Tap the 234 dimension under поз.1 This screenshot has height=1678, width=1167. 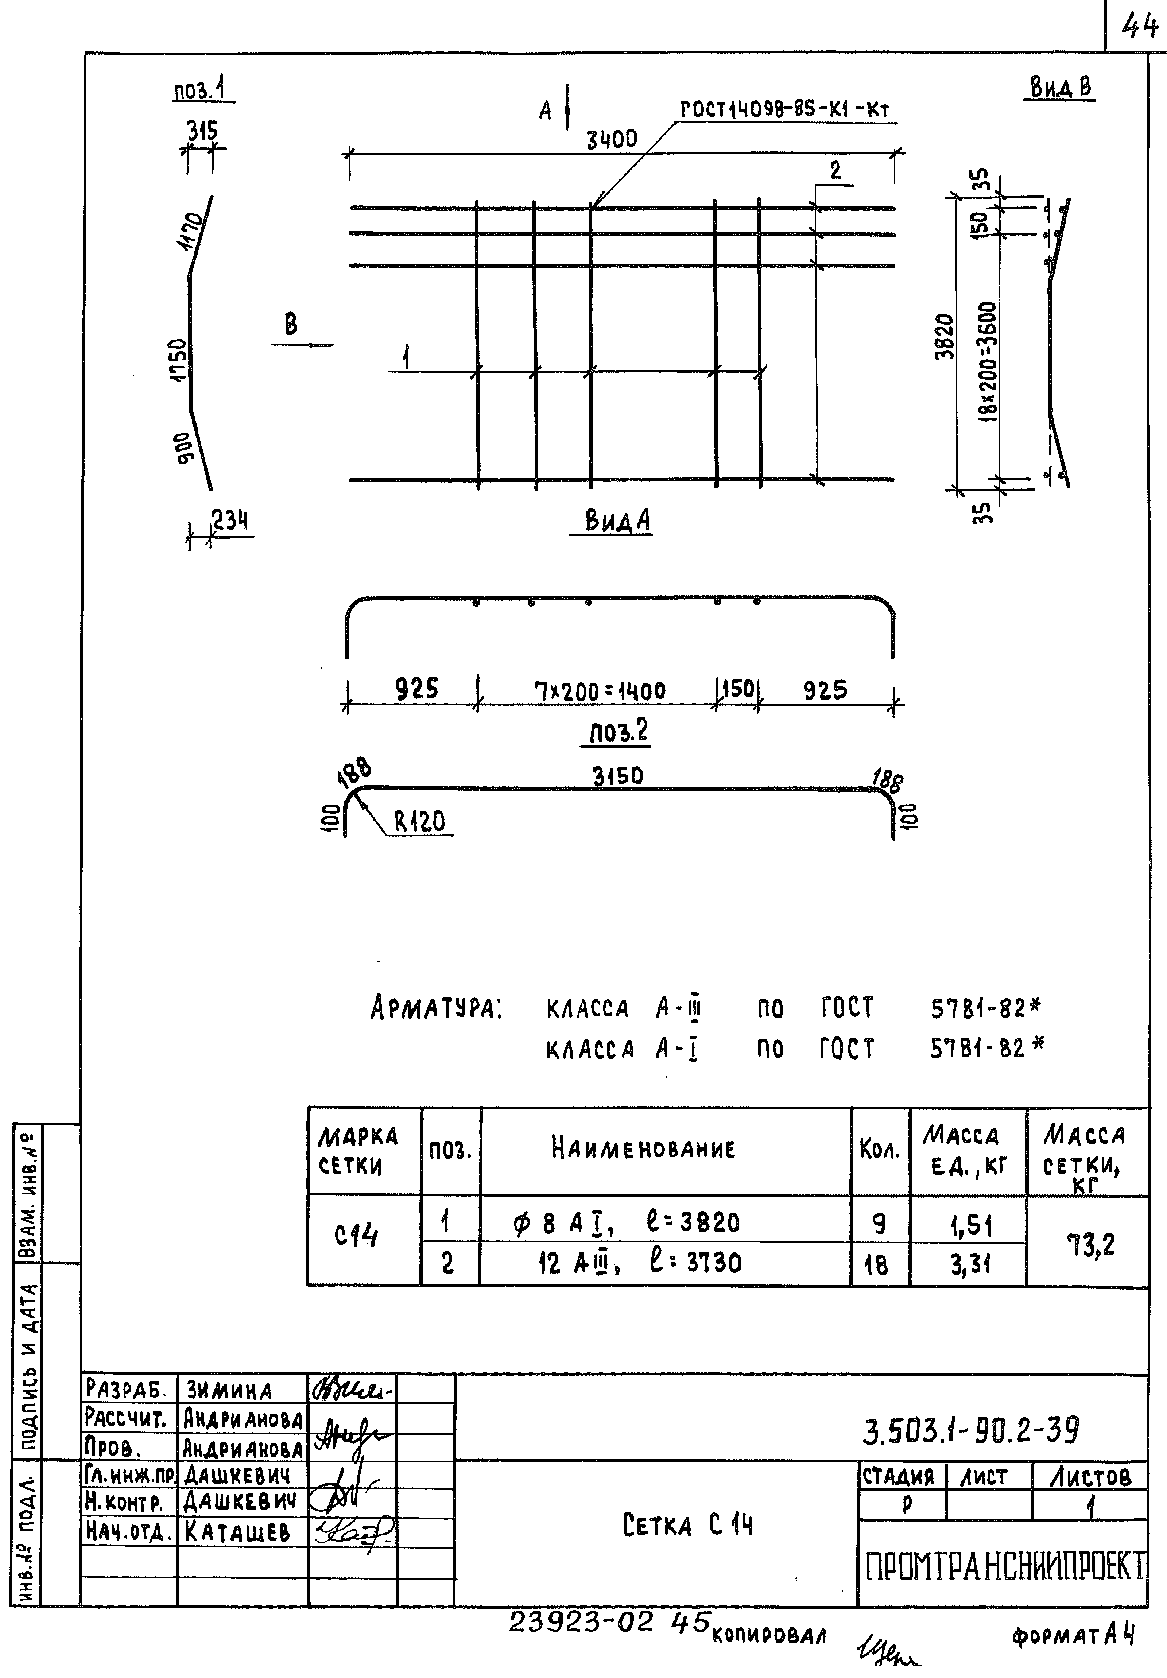[230, 520]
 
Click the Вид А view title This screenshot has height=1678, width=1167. [618, 521]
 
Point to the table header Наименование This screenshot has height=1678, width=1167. [643, 1148]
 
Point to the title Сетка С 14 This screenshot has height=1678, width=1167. [687, 1525]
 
